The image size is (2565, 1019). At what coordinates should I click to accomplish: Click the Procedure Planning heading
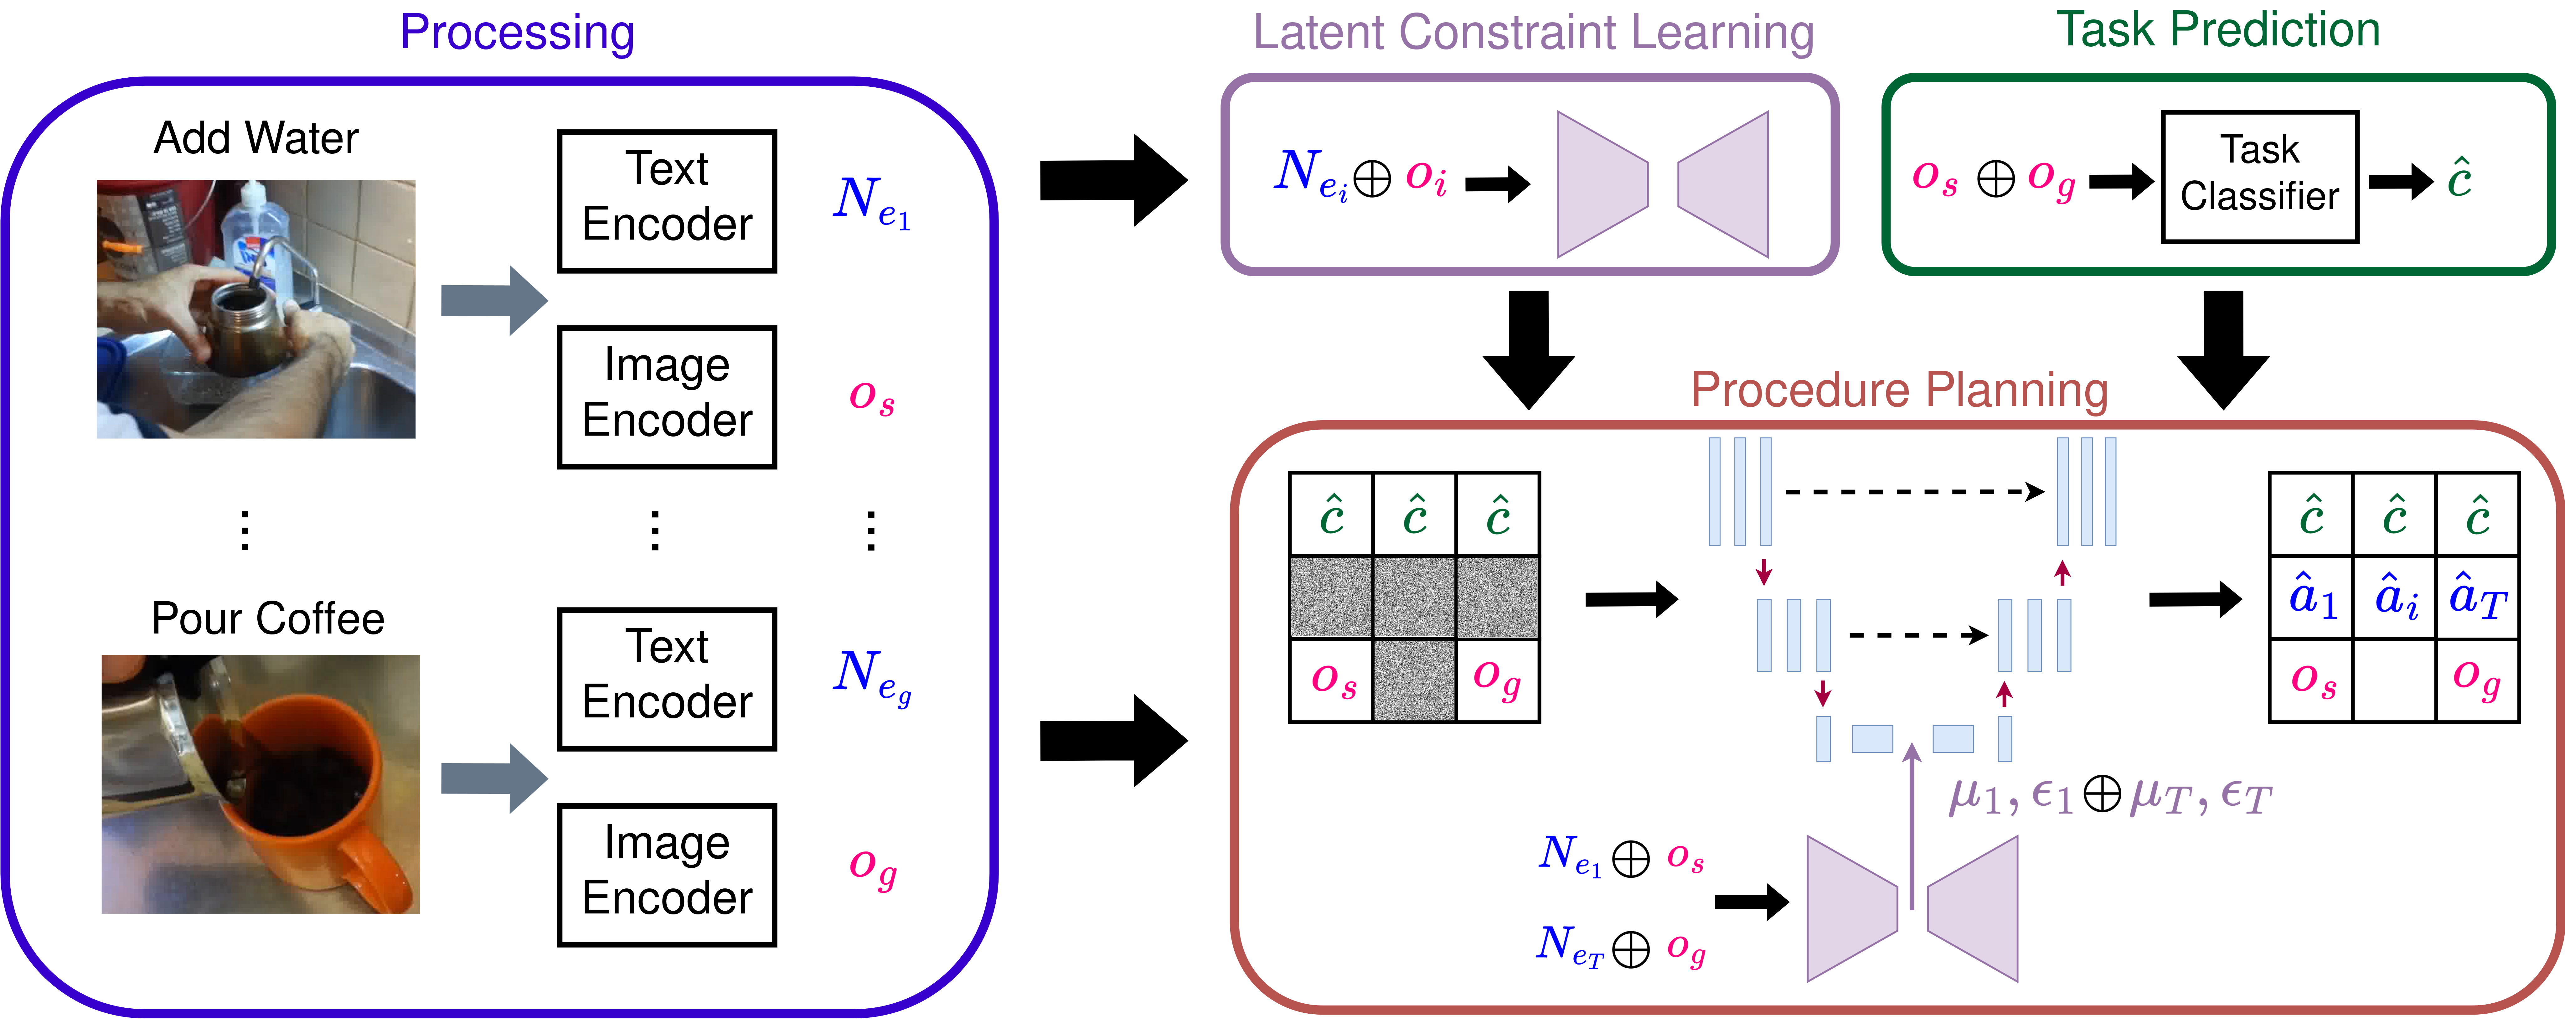(1899, 390)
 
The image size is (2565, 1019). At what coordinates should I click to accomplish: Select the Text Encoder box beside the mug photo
(666, 678)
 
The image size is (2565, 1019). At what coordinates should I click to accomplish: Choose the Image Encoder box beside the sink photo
(666, 396)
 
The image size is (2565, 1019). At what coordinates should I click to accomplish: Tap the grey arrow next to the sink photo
(493, 300)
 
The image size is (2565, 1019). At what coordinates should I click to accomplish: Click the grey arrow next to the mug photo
(493, 778)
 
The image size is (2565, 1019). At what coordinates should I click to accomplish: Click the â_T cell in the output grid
(2476, 598)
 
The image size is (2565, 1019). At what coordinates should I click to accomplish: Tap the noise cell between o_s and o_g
(1414, 680)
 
